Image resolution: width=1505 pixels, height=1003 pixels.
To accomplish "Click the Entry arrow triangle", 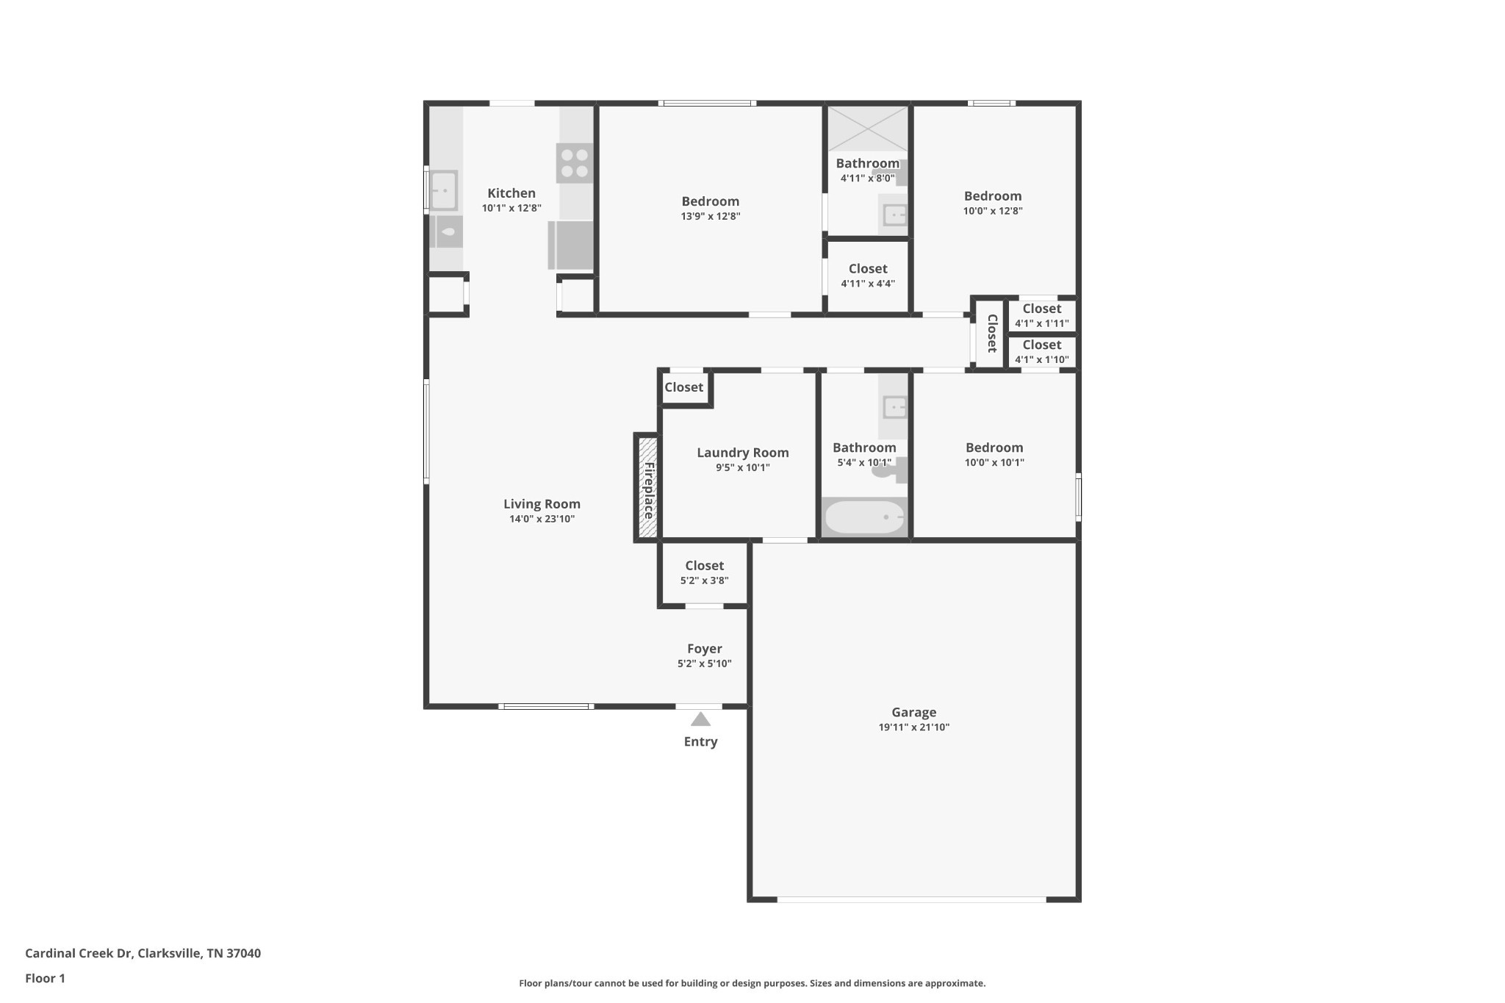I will pos(700,719).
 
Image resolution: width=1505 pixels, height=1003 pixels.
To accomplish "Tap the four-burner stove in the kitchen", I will pos(574,163).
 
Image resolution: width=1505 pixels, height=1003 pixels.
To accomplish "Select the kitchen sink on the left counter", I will pos(443,190).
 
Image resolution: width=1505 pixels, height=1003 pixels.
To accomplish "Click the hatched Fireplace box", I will pos(647,488).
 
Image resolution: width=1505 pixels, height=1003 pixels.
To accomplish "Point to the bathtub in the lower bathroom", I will pos(864,517).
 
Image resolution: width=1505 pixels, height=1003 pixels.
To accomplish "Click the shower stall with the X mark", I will pos(868,129).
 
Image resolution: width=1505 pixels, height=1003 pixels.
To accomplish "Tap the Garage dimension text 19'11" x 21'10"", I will pos(913,727).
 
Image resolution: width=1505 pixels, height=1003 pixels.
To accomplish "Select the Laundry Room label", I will pos(742,453).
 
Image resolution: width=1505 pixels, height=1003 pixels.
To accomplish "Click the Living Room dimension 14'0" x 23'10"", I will pos(542,519).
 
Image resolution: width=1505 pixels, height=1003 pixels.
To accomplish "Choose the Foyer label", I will pos(704,649).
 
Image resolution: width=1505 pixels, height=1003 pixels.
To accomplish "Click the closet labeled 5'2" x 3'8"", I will pos(704,572).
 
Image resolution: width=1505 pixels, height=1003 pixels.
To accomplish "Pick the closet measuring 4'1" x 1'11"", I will pos(1041,316).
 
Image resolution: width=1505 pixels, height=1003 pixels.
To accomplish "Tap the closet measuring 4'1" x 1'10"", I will pos(1041,352).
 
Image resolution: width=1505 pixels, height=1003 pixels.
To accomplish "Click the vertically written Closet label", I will pos(991,334).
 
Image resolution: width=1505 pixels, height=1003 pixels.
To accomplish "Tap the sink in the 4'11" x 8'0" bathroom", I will pos(894,215).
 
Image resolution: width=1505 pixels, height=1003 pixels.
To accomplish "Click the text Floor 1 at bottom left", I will pos(45,978).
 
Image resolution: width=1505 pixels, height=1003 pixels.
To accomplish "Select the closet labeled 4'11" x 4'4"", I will pos(867,276).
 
